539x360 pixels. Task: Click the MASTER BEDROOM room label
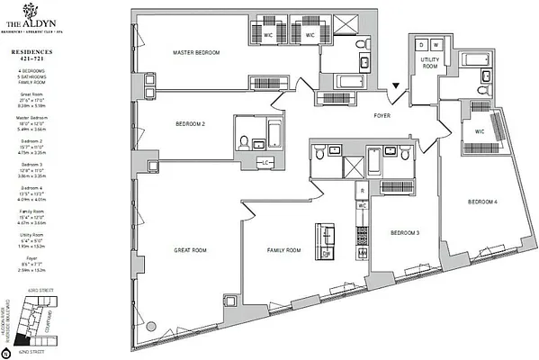[196, 53]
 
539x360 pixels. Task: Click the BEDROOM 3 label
[405, 232]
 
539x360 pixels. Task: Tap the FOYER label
[387, 115]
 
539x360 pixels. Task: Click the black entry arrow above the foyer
[396, 86]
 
